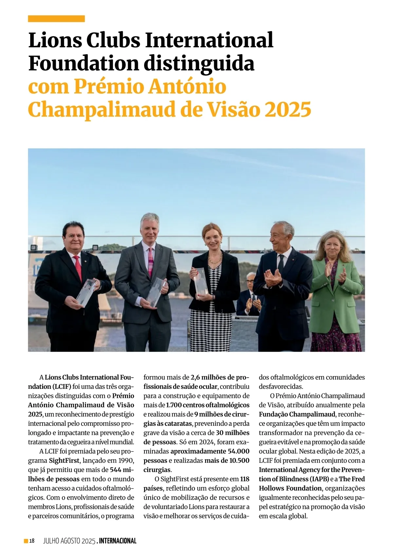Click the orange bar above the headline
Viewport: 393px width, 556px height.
point(56,19)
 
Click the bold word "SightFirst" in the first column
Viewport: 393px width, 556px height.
point(64,460)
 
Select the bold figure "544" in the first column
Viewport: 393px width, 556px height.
point(116,469)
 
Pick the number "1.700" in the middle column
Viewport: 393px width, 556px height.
point(174,405)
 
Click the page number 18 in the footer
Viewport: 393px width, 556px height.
point(32,541)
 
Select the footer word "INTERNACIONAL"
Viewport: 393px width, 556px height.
point(118,541)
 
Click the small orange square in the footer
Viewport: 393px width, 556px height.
point(26,541)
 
